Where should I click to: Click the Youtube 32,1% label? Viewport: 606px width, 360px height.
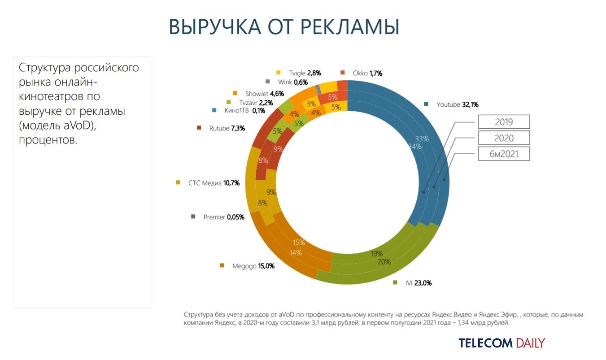point(458,105)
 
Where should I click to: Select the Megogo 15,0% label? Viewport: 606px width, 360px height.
point(253,266)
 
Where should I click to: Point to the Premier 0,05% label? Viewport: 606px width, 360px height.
point(223,217)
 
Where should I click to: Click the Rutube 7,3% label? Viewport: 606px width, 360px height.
point(227,128)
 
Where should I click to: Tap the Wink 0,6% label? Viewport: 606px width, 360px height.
point(293,82)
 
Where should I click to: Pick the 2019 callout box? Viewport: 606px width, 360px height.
point(504,121)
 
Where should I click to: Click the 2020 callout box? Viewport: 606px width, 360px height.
point(504,138)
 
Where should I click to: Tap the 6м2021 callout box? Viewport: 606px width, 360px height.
point(504,154)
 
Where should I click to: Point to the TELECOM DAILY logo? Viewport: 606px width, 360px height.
point(501,343)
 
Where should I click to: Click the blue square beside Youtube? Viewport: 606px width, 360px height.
point(427,105)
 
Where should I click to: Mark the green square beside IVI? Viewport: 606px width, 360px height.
point(395,283)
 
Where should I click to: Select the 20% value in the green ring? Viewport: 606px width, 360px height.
point(384,262)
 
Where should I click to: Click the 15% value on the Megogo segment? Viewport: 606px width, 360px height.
point(299,243)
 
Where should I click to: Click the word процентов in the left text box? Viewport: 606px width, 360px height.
point(48,140)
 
